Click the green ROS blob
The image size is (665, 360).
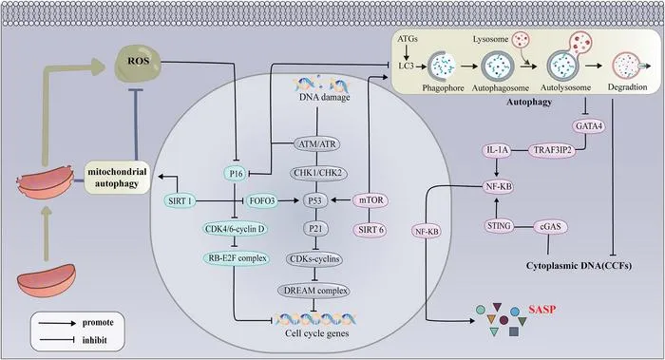point(138,64)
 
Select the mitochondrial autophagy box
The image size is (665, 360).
point(117,178)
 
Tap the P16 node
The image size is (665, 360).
point(236,174)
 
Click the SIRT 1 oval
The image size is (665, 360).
point(180,200)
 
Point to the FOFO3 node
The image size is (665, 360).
point(262,200)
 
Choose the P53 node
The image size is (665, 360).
point(315,200)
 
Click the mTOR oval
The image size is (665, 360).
point(371,200)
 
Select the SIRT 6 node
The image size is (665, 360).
point(370,230)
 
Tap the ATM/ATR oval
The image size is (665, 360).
point(317,144)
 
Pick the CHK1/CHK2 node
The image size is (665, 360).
point(317,173)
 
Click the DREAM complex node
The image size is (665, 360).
point(313,291)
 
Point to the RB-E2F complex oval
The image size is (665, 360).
point(237,257)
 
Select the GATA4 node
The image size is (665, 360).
point(589,126)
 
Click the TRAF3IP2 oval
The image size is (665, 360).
point(552,150)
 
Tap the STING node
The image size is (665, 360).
point(499,226)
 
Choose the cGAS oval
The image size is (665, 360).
point(550,226)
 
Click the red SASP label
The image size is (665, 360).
point(541,310)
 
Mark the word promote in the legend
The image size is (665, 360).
point(98,323)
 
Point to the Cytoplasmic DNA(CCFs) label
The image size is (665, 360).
point(579,266)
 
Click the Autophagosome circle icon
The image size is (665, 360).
point(498,66)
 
